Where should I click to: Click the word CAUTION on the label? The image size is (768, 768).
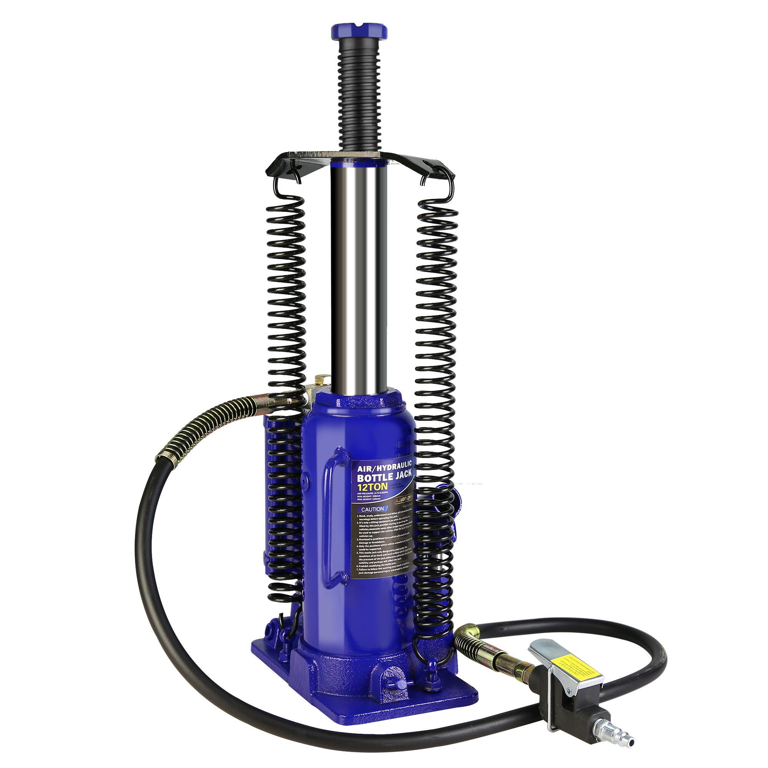[x=372, y=509]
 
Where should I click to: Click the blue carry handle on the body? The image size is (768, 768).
[x=331, y=517]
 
